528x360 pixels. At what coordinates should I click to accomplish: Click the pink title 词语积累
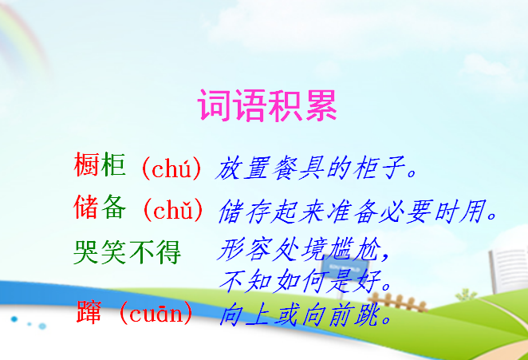point(267,105)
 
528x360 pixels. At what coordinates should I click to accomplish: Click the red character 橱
point(86,164)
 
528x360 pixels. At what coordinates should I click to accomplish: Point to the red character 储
point(86,207)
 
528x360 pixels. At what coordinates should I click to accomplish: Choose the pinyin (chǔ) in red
point(173,210)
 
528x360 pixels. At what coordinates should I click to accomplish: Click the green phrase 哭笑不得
point(128,252)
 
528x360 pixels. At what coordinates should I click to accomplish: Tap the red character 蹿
point(89,312)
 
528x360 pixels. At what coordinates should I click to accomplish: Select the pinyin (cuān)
point(156,314)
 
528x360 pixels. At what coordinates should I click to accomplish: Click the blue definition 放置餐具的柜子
point(316,168)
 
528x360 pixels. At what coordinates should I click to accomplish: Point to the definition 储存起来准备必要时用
point(357,212)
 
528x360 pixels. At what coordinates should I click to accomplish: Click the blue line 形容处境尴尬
point(303,249)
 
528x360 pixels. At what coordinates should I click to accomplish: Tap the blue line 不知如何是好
point(305,281)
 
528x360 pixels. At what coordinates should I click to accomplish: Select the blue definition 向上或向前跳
point(305,315)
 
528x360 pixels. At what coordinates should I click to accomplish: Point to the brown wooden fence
point(396,303)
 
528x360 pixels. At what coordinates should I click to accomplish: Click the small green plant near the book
point(466,295)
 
